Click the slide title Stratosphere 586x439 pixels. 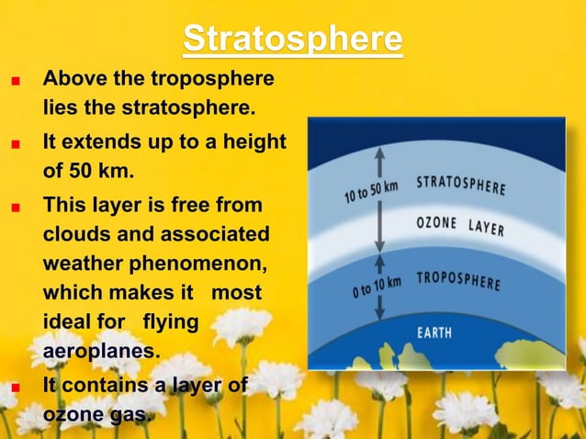point(292,39)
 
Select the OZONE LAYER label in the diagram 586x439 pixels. point(460,225)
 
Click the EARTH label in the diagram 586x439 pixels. point(434,332)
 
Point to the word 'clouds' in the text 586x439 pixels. point(75,233)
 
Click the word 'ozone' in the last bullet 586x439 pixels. point(72,415)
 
